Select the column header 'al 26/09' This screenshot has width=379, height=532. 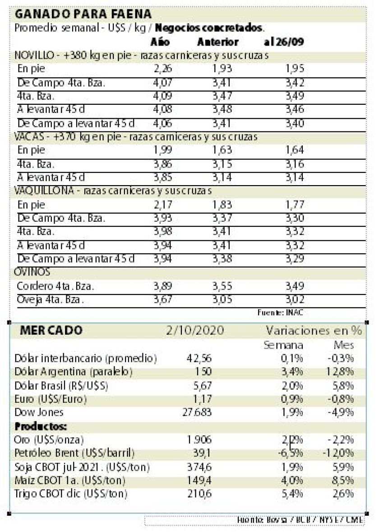tap(283, 42)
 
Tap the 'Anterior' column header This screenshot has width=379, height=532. tap(218, 42)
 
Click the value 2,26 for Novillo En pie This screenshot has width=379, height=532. tap(163, 69)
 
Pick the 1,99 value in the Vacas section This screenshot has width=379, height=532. tap(163, 150)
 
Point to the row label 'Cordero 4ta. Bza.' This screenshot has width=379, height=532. tap(55, 286)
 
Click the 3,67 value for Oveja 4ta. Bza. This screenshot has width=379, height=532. tap(163, 299)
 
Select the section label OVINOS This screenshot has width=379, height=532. tap(32, 272)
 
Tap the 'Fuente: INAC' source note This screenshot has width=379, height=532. tap(283, 312)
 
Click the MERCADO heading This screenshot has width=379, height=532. tap(51, 331)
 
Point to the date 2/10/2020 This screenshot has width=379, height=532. tap(195, 331)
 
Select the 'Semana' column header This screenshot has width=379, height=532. tap(283, 345)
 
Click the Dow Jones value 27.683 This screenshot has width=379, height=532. tap(199, 412)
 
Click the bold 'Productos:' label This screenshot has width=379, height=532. tap(35, 426)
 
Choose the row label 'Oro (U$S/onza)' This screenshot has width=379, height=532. tap(49, 439)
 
